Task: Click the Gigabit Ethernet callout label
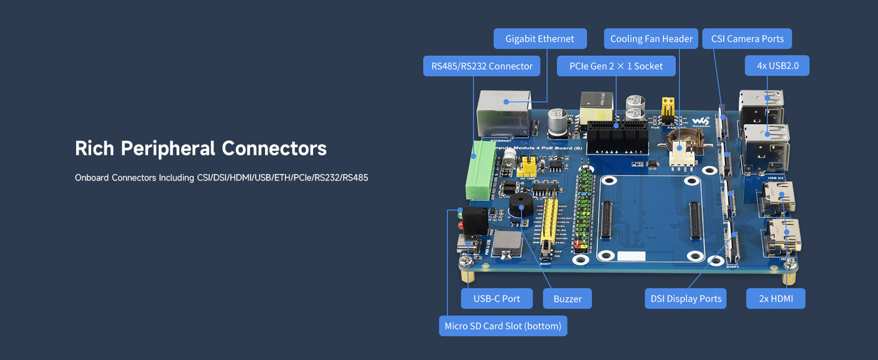point(539,39)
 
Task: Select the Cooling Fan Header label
point(651,39)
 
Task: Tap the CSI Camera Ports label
point(747,39)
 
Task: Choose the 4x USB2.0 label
point(777,65)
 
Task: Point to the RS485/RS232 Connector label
point(482,66)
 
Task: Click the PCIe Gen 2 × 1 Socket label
point(616,66)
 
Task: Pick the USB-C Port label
point(497,299)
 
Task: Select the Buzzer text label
point(567,299)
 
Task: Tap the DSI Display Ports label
point(685,299)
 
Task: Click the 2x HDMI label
point(775,299)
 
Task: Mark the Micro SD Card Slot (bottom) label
point(503,326)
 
